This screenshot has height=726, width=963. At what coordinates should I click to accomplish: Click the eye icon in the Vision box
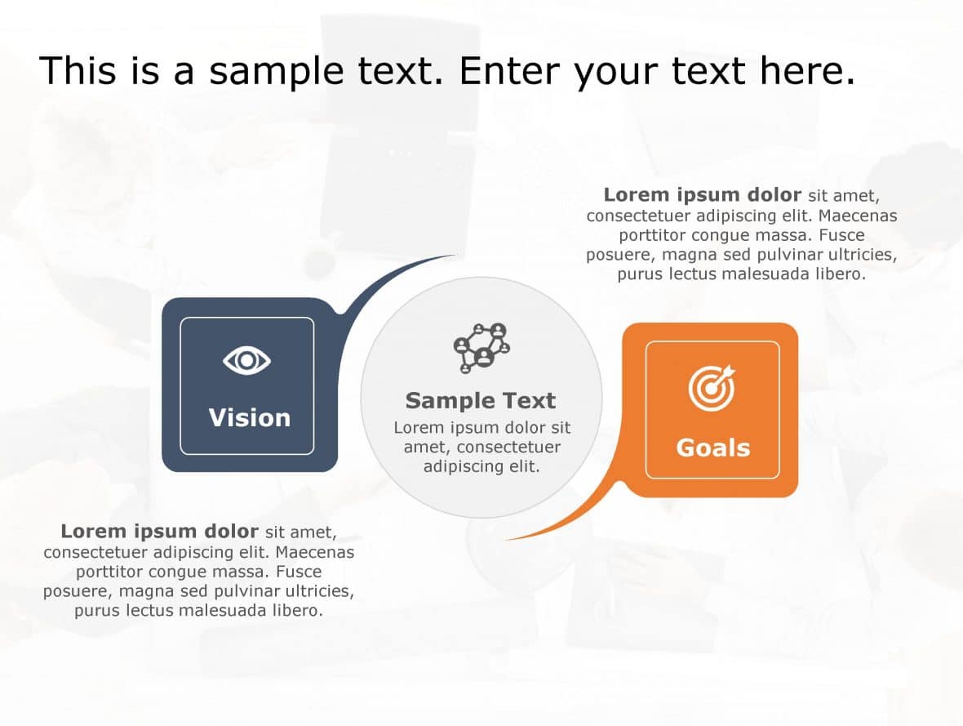[x=246, y=360]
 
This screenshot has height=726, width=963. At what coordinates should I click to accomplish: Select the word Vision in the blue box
[x=249, y=418]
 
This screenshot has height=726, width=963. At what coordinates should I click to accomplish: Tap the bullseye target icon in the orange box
[x=712, y=388]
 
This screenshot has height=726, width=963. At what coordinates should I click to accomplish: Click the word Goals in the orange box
[x=712, y=448]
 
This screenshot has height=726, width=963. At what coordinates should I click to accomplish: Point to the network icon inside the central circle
[x=481, y=348]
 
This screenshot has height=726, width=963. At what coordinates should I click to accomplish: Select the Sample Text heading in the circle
[x=481, y=401]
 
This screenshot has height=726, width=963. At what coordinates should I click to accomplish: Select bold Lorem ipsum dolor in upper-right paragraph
[x=702, y=195]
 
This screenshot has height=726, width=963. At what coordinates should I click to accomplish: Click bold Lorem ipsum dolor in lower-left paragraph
[x=159, y=532]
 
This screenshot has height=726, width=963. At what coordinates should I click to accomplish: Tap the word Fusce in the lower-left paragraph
[x=299, y=572]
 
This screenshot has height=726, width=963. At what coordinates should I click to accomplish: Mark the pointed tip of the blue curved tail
[x=455, y=256]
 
